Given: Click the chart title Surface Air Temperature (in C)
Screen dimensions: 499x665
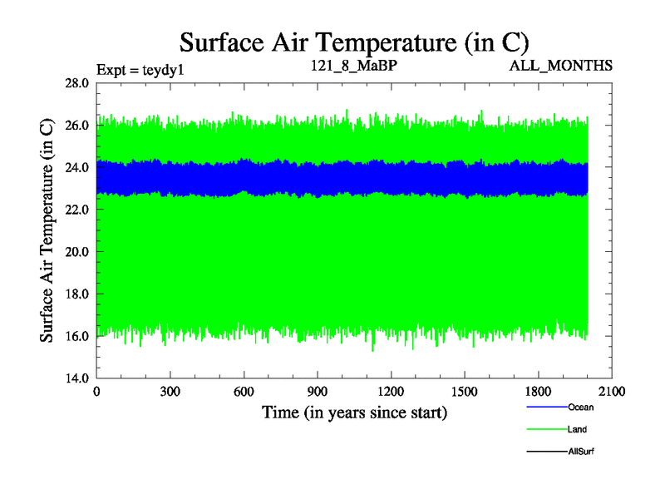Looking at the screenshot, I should (x=354, y=42).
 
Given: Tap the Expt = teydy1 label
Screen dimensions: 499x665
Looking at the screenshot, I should (x=140, y=69).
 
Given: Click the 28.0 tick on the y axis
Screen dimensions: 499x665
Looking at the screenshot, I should (x=79, y=83).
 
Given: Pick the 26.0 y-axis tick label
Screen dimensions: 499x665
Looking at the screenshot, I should (x=79, y=126).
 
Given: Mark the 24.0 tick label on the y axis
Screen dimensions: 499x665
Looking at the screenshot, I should (x=79, y=167).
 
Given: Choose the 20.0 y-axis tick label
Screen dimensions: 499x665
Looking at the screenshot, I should (x=79, y=252).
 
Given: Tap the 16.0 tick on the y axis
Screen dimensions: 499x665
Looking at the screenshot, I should (x=79, y=336).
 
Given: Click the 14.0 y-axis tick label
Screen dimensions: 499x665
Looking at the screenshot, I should (x=79, y=378).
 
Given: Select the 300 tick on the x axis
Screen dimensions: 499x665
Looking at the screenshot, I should (x=170, y=392).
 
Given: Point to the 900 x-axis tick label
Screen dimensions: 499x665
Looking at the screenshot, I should (x=318, y=392).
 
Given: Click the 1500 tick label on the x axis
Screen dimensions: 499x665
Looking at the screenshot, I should (x=464, y=392).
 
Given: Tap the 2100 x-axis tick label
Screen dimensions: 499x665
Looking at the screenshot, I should (x=611, y=392).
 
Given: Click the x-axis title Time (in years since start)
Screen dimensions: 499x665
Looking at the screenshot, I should (x=354, y=412).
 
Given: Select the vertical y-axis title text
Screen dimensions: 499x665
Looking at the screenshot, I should (x=47, y=230).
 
